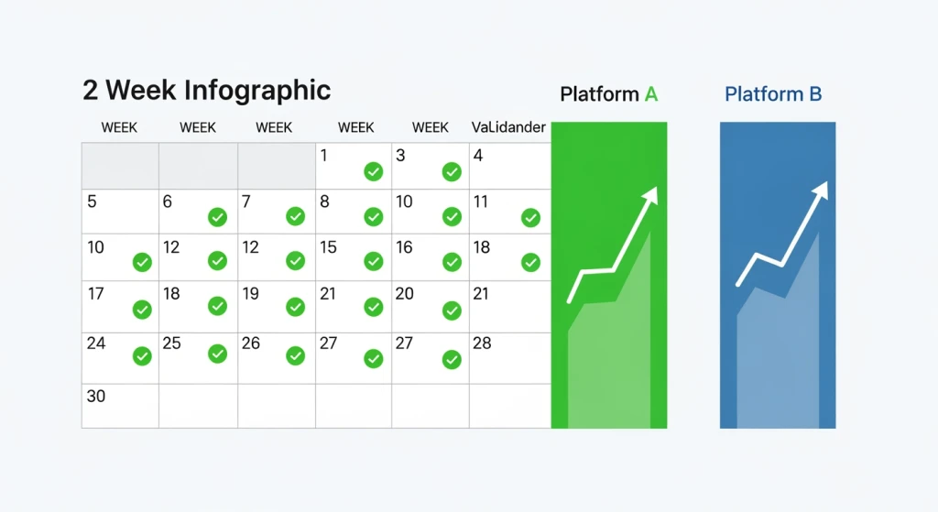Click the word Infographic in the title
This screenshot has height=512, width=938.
click(x=257, y=92)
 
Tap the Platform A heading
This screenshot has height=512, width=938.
click(x=609, y=94)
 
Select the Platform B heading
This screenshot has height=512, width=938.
click(x=773, y=94)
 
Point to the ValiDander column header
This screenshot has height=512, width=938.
click(x=508, y=127)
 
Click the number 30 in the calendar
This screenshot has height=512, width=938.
click(x=95, y=396)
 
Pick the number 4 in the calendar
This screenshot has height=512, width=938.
click(x=478, y=156)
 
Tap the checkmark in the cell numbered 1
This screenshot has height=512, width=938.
click(x=374, y=171)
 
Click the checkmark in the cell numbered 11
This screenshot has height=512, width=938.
click(x=530, y=218)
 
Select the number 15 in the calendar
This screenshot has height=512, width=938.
click(x=329, y=247)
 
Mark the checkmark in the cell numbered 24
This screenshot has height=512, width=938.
click(x=142, y=356)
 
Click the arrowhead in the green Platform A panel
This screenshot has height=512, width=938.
click(x=650, y=195)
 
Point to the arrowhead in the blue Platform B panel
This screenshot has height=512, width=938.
click(x=821, y=191)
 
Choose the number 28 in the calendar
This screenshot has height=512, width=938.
click(x=482, y=343)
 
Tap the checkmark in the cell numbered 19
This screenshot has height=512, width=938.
click(x=296, y=307)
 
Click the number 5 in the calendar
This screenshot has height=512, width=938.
click(x=92, y=202)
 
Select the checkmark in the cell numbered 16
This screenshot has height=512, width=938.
click(x=452, y=262)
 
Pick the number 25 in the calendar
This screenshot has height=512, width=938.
click(x=171, y=343)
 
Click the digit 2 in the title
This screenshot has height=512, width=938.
click(x=91, y=91)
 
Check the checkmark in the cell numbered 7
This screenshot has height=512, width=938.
click(x=296, y=216)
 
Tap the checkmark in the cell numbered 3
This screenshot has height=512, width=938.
click(x=452, y=171)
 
